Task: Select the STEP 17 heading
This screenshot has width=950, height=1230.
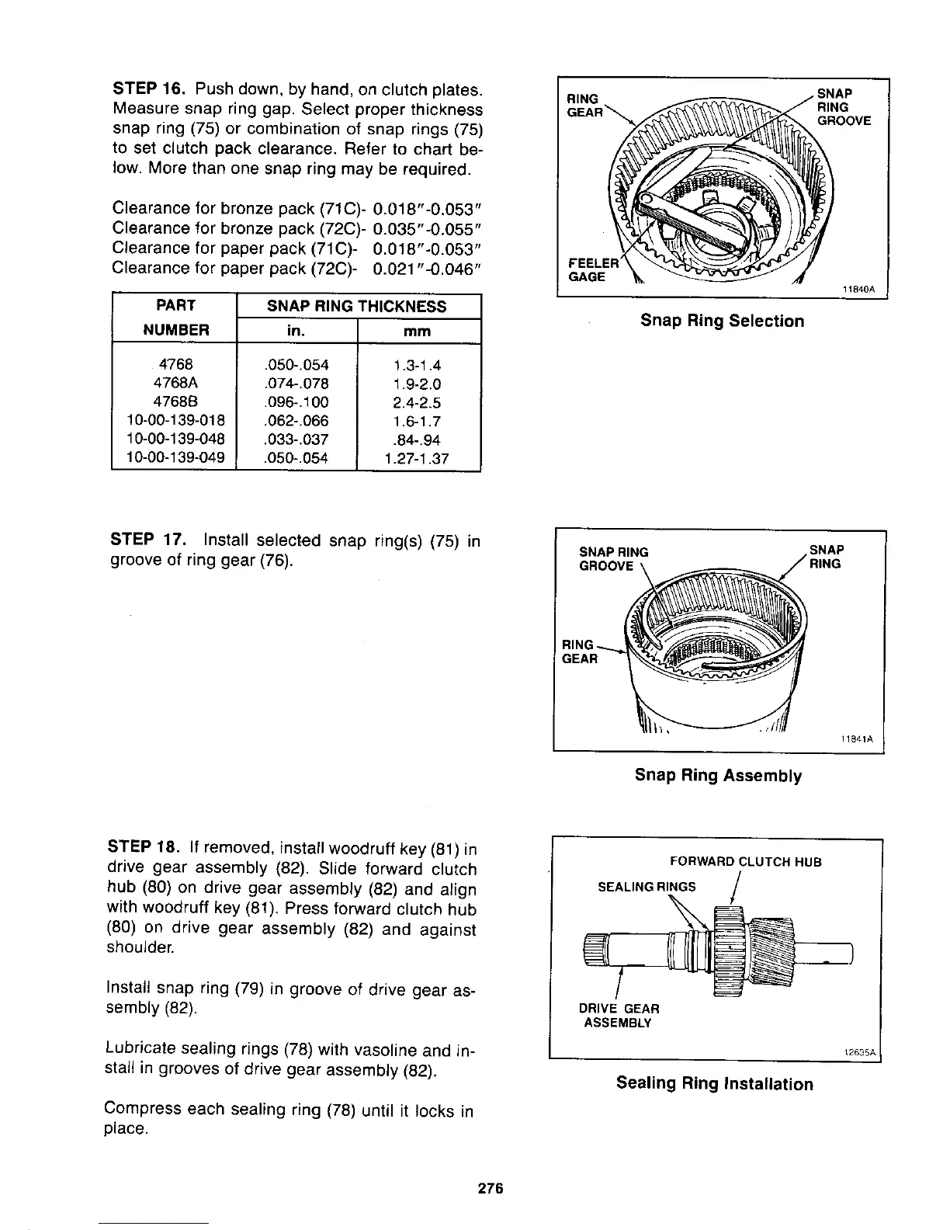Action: [x=148, y=540]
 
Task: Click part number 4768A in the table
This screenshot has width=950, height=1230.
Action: [x=175, y=384]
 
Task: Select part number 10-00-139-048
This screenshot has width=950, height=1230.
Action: [x=175, y=440]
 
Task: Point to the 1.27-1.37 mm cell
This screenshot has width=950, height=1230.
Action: [x=417, y=458]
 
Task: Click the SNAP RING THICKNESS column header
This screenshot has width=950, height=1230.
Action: [x=357, y=306]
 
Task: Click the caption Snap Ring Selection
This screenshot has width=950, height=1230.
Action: [x=722, y=321]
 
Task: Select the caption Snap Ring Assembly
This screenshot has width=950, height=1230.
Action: [x=718, y=775]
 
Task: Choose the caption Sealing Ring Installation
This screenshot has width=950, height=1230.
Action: [x=714, y=1083]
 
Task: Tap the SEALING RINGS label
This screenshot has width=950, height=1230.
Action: [x=647, y=887]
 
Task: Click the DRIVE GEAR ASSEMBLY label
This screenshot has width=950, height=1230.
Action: [x=619, y=1015]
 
